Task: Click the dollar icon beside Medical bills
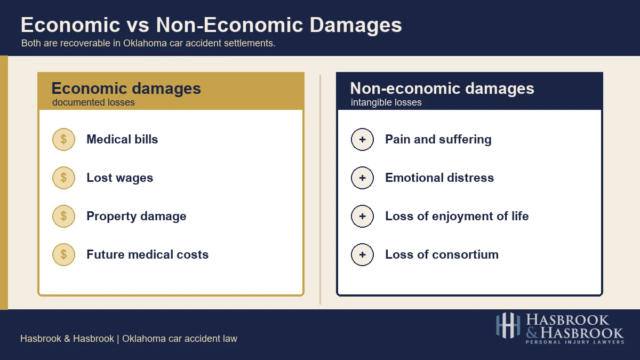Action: [x=63, y=140]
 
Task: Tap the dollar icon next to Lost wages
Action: [x=63, y=178]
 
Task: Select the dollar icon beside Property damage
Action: [x=63, y=217]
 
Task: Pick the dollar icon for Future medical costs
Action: [x=63, y=255]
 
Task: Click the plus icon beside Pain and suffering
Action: [x=362, y=140]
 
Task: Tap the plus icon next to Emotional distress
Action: [x=362, y=178]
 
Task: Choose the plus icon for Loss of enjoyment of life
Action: [x=362, y=217]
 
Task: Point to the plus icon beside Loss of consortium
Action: [x=362, y=255]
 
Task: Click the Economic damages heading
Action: [x=126, y=89]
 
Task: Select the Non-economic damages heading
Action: [x=442, y=89]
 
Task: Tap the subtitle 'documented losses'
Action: [x=93, y=102]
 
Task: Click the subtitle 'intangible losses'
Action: [x=386, y=102]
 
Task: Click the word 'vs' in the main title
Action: [x=138, y=26]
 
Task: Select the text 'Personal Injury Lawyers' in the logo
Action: [x=574, y=342]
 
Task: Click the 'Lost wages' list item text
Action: [x=119, y=178]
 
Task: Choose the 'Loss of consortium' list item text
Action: [x=442, y=255]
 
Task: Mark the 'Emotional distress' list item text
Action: [x=439, y=178]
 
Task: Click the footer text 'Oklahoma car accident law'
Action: [x=180, y=339]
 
